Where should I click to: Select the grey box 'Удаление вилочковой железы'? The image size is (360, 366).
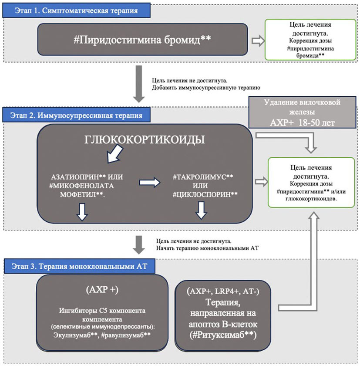coord(302,107)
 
